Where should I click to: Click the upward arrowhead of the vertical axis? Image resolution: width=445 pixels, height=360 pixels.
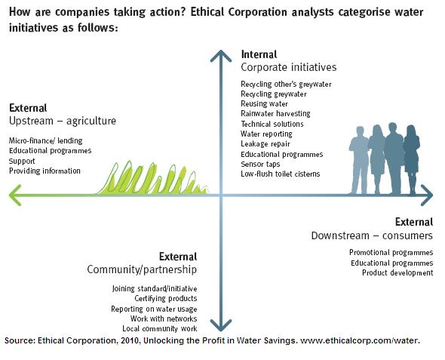pos(221,55)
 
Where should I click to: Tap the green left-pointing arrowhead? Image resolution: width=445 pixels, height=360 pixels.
pos(15,195)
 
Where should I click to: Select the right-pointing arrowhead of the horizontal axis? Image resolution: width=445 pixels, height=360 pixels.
pos(427,195)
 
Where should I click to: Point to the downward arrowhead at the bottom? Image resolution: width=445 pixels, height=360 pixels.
pos(221,325)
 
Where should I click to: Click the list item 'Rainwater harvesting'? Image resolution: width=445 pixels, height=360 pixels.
pos(275,113)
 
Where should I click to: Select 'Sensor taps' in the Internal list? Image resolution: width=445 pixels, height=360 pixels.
pos(260,164)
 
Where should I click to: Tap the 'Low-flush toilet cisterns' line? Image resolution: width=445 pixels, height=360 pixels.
pos(280,174)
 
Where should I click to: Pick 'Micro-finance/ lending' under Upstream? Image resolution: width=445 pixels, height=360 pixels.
pos(46,140)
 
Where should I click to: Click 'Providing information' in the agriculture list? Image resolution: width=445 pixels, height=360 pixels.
pos(44,171)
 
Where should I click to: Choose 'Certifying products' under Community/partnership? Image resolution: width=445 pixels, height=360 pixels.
pos(166,298)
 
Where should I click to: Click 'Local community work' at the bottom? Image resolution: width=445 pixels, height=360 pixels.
pos(160,329)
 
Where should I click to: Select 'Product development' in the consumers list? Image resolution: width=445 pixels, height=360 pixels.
pos(397,273)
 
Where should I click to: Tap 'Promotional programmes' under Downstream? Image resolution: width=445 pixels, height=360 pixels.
pos(391,253)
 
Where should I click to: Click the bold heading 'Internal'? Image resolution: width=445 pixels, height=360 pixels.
pos(259,54)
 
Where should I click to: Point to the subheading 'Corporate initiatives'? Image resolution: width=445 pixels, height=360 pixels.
pos(289,67)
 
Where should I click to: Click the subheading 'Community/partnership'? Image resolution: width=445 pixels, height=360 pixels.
pos(142,269)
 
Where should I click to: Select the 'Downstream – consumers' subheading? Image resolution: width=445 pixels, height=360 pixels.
pos(372,235)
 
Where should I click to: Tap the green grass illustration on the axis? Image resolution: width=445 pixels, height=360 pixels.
pos(152,178)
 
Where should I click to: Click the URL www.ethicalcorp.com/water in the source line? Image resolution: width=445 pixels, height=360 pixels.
pos(359,340)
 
